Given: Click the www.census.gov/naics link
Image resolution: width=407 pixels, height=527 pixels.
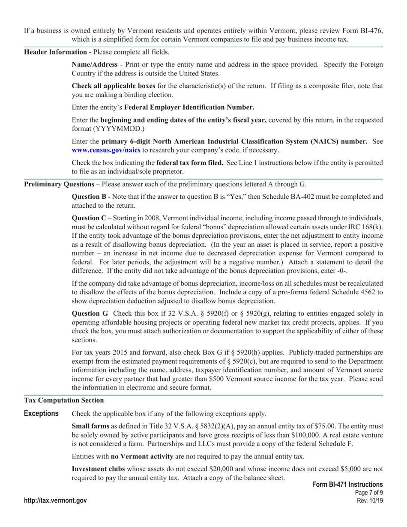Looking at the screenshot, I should pos(100,150).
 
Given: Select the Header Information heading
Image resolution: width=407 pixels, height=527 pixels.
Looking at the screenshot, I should pos(55,52).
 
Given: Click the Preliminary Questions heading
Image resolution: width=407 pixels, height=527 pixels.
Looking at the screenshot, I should pos(59,184).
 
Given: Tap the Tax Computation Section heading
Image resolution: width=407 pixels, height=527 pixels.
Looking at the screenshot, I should pos(63,400).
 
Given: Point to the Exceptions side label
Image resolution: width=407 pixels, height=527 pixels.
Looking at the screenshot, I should pos(41,413).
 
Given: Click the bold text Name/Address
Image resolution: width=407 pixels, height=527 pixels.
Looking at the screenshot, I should pos(94,64).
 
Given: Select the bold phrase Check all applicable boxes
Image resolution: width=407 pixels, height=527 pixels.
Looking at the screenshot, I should pos(113,86).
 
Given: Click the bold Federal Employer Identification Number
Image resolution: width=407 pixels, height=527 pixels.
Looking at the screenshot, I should pos(189,107).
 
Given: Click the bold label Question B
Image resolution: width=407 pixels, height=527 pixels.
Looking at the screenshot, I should pos(89,197).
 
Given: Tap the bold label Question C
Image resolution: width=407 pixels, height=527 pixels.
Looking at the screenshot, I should pos(89,218).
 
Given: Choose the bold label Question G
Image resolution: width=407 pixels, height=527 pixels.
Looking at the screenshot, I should pos(90,313).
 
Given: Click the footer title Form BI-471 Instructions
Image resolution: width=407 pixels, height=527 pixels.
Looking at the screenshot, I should pos(347,484).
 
